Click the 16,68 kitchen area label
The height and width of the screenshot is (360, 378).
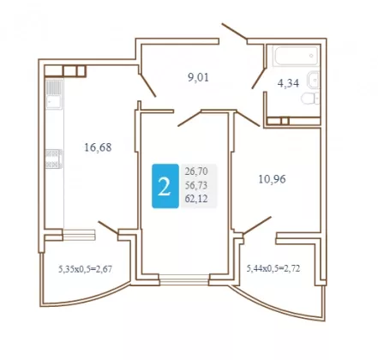98,147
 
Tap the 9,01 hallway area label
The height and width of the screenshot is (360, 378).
198,77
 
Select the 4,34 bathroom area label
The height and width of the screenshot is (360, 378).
288,83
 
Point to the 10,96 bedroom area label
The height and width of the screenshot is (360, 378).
272,179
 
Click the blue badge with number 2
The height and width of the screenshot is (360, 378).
165,186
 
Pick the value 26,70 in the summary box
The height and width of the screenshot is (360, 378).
196,171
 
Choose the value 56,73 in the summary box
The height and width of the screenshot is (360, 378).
196,185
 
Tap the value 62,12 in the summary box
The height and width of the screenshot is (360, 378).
196,199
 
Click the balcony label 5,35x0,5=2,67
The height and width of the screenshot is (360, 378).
85,269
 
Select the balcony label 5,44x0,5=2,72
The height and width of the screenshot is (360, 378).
273,268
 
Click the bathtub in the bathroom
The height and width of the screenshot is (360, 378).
296,56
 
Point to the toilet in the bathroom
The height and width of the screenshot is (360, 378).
310,98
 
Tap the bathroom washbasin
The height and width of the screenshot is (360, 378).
313,80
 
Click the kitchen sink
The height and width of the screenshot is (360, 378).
54,94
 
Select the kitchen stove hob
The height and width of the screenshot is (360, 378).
54,159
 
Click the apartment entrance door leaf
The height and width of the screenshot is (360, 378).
234,32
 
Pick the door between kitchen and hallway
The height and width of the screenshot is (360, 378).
147,85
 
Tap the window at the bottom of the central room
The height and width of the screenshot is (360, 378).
184,279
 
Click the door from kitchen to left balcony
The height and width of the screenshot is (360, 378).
108,227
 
